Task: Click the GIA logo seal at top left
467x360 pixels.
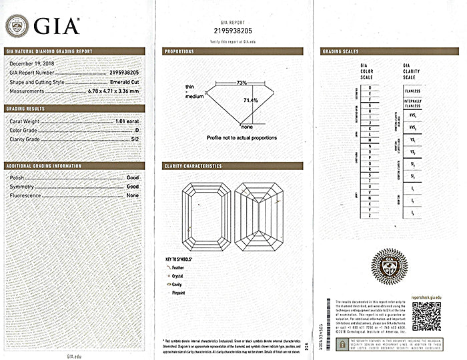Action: (x=17, y=26)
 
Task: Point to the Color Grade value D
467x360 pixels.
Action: (x=136, y=130)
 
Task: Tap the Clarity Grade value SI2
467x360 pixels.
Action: (x=133, y=139)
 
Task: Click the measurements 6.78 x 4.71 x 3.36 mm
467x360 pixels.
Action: (x=113, y=91)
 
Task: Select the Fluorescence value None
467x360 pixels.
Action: (x=132, y=195)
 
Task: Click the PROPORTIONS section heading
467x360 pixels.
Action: (x=179, y=51)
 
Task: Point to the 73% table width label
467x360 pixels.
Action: (x=242, y=83)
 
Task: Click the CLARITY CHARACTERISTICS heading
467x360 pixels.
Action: (x=193, y=166)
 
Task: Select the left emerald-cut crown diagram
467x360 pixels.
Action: (x=207, y=216)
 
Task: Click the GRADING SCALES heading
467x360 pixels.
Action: (x=340, y=51)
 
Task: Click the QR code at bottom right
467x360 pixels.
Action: (x=426, y=316)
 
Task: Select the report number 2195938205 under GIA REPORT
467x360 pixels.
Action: (x=233, y=31)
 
